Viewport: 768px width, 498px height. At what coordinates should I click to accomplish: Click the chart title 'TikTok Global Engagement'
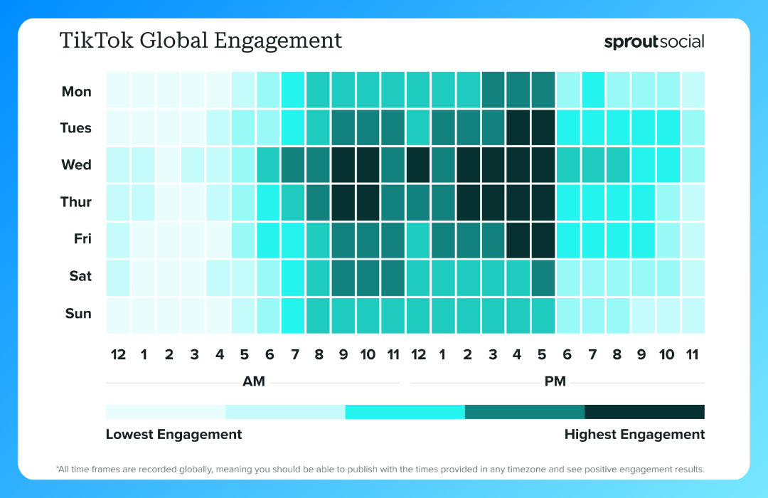coord(201,41)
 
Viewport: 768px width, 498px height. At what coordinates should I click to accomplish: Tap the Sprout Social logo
coord(654,41)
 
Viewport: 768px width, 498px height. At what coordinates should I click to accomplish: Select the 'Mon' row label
coord(76,91)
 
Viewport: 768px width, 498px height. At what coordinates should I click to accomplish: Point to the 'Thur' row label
coord(75,202)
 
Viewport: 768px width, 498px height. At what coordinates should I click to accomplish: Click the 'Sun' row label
coord(78,314)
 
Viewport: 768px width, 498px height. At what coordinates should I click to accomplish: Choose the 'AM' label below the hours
coord(254,381)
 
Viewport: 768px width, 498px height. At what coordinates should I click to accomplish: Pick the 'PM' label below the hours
coord(555,381)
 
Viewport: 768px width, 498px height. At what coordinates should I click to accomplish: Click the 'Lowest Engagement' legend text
coord(174,434)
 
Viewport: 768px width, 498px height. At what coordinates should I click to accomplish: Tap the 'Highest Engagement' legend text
coord(634,434)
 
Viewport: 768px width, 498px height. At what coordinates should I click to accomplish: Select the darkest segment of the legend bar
coord(644,412)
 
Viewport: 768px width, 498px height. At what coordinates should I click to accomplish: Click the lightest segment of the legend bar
coord(165,412)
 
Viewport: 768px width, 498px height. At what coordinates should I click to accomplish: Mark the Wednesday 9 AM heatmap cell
coord(343,165)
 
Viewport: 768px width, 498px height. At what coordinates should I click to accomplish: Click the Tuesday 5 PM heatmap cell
coord(543,128)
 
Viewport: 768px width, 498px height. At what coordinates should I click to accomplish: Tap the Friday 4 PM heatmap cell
coord(518,239)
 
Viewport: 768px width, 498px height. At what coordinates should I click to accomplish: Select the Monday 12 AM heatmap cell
coord(118,90)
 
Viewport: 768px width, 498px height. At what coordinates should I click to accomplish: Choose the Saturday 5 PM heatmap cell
coord(543,277)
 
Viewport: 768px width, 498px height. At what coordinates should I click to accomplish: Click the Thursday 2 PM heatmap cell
coord(469,202)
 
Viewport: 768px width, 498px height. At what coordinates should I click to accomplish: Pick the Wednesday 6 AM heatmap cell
coord(268,165)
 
